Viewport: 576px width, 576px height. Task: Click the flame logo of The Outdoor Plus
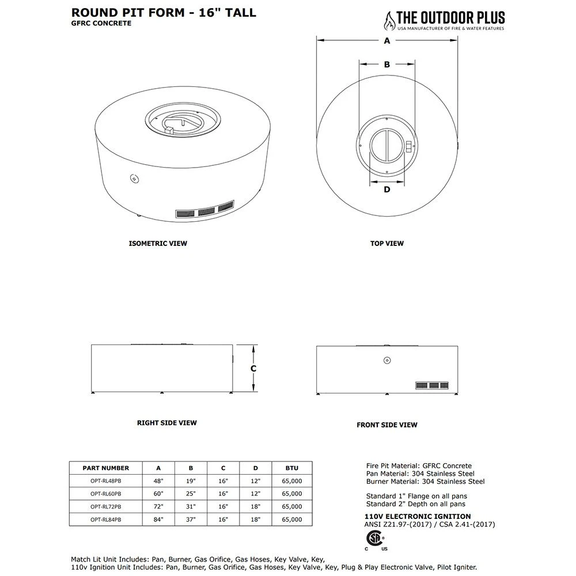tap(390, 21)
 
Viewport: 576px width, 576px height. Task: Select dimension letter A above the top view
tap(387, 40)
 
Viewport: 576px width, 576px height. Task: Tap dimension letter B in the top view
tap(387, 65)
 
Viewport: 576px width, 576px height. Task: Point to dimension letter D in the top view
tap(386, 189)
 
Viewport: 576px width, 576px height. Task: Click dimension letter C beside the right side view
tap(253, 369)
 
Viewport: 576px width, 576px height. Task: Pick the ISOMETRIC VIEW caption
tap(158, 243)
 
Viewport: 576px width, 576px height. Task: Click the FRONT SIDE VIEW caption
tap(387, 425)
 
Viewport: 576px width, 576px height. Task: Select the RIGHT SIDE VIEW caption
tap(166, 423)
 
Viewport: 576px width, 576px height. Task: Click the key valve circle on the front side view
tap(388, 361)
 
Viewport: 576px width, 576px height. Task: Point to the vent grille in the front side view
tap(432, 385)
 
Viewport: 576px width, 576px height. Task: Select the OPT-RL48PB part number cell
tap(106, 481)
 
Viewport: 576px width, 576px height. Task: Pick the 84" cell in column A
tap(159, 519)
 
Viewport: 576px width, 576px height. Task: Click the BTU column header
tap(292, 468)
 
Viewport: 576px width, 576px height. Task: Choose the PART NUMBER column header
tap(106, 468)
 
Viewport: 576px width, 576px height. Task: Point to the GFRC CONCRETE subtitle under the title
tap(101, 23)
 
